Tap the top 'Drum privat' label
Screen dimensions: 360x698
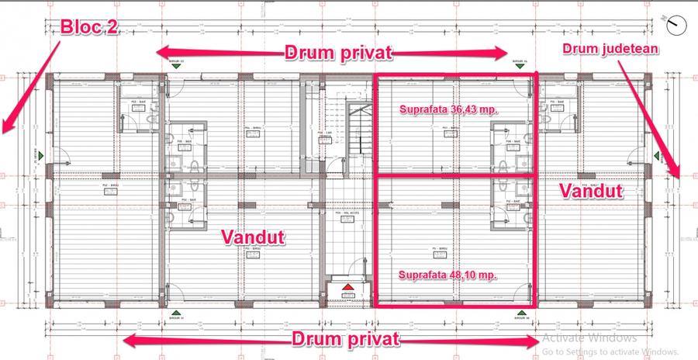coord(338,53)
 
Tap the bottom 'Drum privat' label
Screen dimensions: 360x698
coord(346,339)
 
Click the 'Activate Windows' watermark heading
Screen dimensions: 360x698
coord(589,338)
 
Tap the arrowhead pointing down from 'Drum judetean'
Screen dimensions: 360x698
coord(678,174)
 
